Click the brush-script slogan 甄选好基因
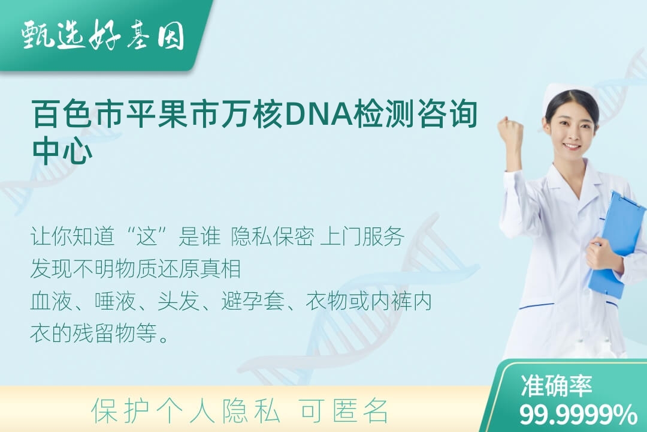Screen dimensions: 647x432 pyautogui.click(x=103, y=35)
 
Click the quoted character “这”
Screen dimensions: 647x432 pyautogui.click(x=147, y=236)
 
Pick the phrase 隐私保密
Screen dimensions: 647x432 pyautogui.click(x=273, y=236)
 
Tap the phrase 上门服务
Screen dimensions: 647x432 pyautogui.click(x=362, y=236)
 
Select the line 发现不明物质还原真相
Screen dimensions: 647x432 pyautogui.click(x=135, y=269)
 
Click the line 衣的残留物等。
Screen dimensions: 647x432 pyautogui.click(x=100, y=333)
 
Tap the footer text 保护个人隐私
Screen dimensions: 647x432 pyautogui.click(x=186, y=411)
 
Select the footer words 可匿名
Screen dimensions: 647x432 pyautogui.click(x=344, y=411)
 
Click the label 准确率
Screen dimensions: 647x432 pyautogui.click(x=556, y=386)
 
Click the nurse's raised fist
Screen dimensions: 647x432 pyautogui.click(x=511, y=132)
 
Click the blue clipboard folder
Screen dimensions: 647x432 pyautogui.click(x=617, y=245)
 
